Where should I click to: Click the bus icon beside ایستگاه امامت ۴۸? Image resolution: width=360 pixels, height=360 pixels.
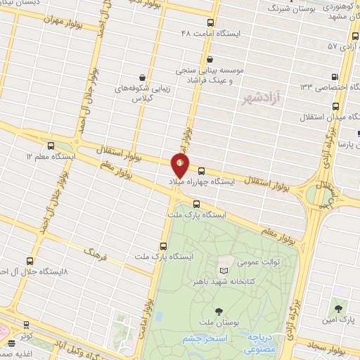(212, 21)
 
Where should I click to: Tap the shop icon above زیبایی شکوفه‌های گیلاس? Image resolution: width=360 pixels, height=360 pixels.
(143, 77)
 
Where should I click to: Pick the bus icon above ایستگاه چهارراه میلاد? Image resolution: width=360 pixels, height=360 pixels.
(202, 170)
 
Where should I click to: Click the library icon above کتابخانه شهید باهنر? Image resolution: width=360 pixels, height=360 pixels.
(224, 271)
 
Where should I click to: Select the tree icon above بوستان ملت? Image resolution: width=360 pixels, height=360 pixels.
(219, 310)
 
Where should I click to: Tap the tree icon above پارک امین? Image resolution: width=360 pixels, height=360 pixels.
(340, 309)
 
